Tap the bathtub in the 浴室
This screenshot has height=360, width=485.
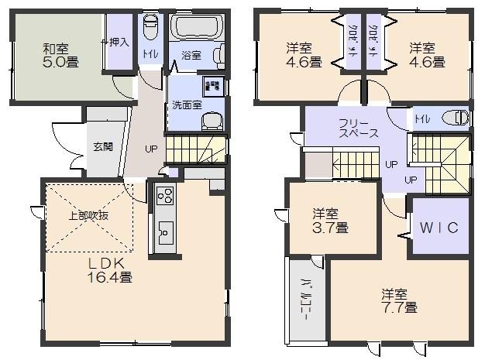click(196, 29)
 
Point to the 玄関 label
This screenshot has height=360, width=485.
click(103, 146)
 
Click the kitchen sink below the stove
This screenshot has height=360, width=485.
click(165, 230)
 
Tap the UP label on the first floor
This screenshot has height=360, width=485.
click(151, 149)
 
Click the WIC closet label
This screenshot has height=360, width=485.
click(439, 228)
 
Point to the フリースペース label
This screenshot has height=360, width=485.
click(357, 128)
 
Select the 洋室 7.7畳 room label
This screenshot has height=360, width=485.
click(399, 300)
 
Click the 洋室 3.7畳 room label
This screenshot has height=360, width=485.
click(330, 220)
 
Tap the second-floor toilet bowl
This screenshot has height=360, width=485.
click(457, 118)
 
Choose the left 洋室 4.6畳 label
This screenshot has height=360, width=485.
click(303, 55)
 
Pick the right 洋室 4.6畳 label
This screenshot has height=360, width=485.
click(427, 55)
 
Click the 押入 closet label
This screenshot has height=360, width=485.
click(119, 41)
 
